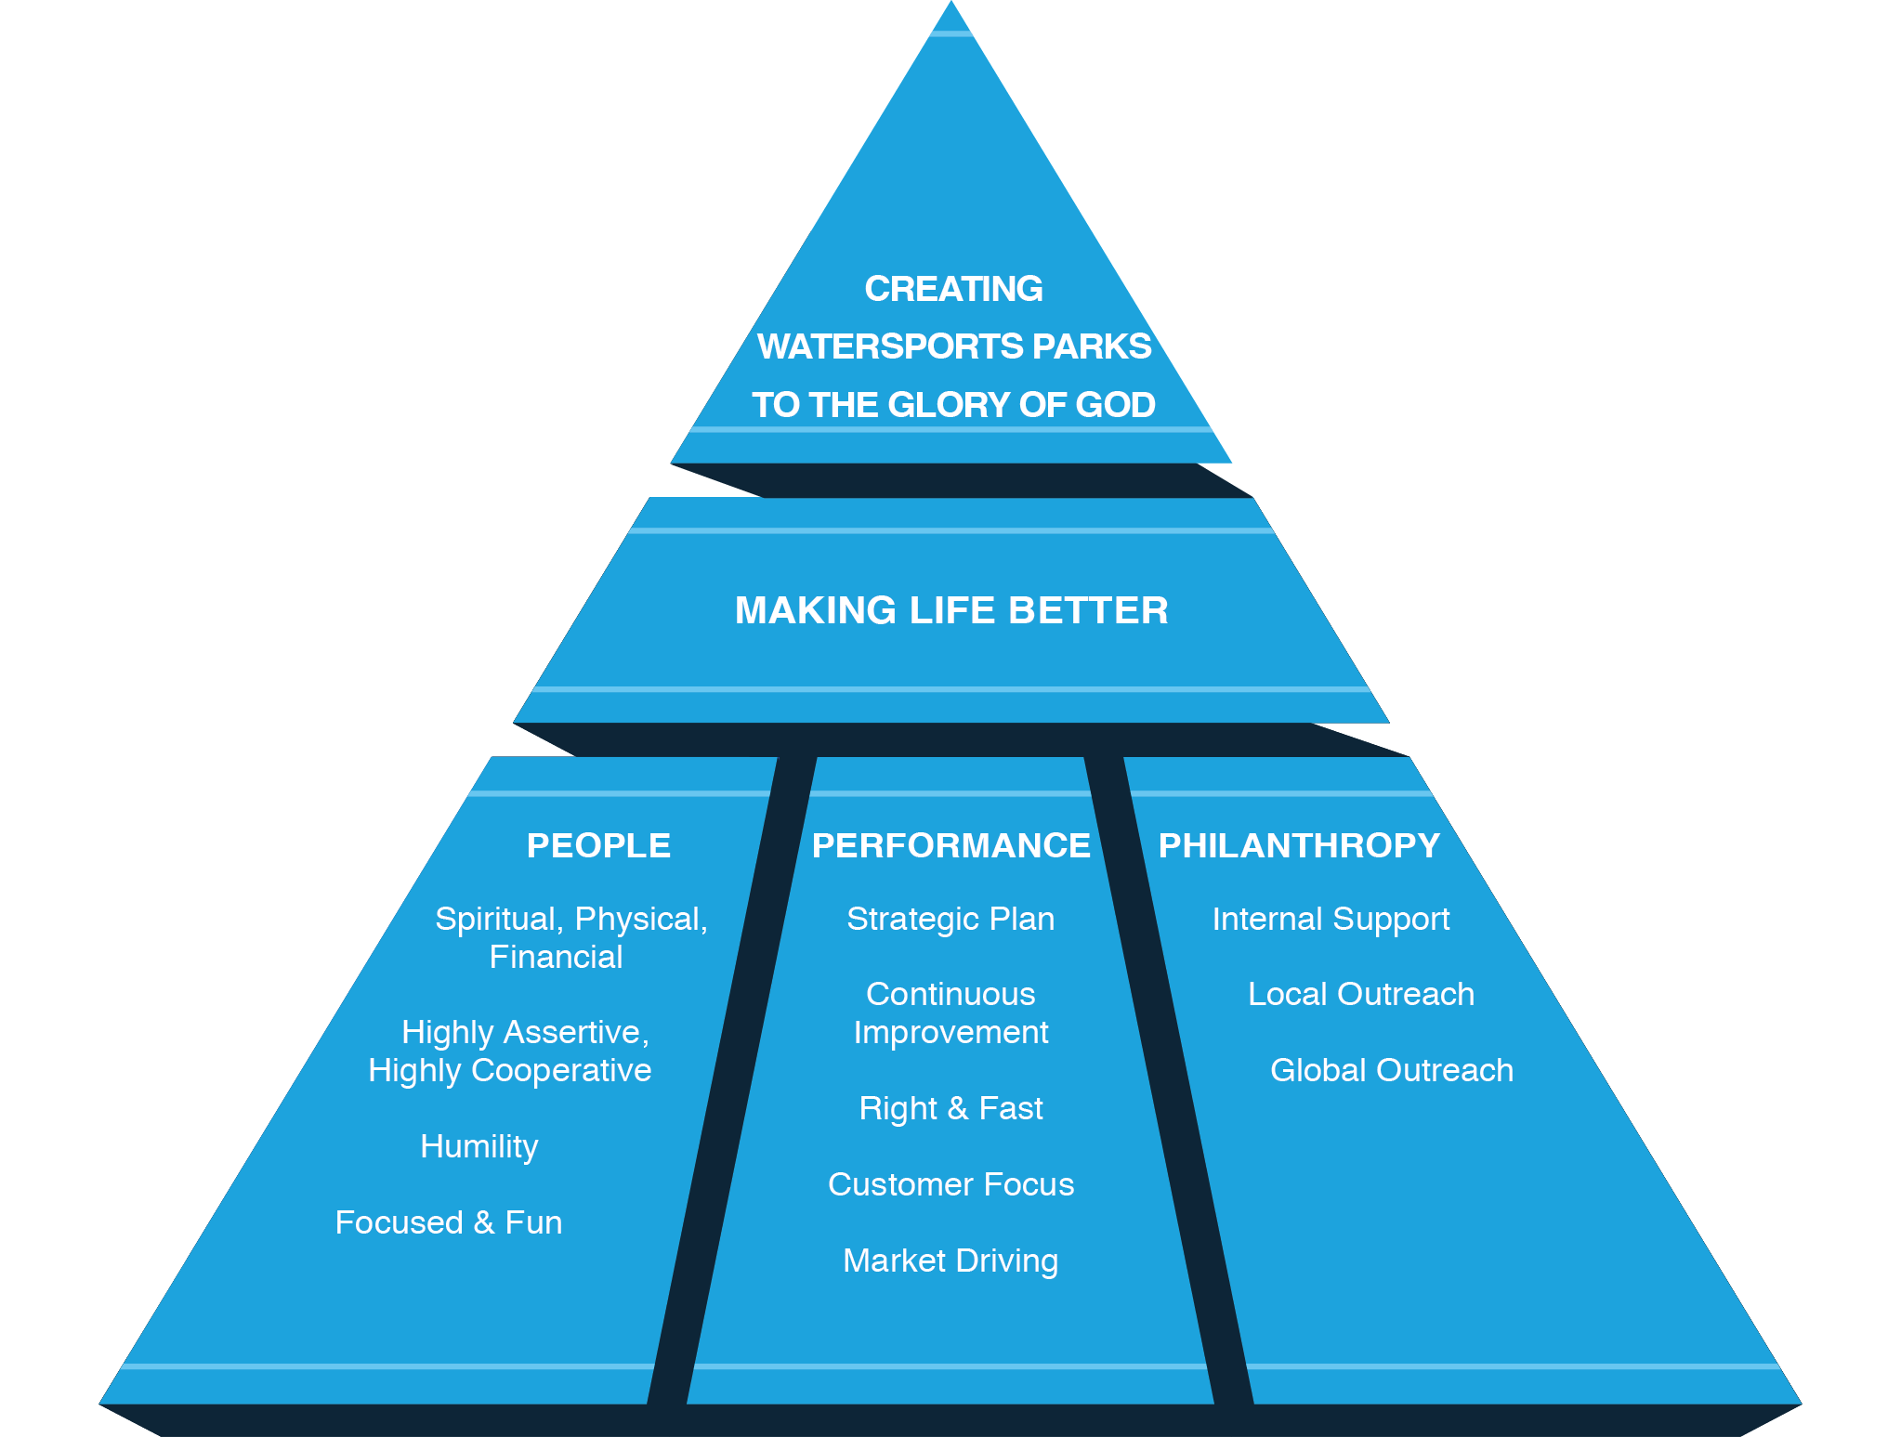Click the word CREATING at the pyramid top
click(953, 289)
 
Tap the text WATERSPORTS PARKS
click(954, 346)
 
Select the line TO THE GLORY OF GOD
click(953, 405)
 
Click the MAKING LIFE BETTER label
click(951, 610)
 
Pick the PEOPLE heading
click(598, 845)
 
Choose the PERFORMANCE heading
click(950, 845)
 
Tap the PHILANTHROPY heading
click(1299, 845)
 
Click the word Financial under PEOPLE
click(556, 957)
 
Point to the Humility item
click(479, 1146)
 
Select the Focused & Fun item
click(449, 1222)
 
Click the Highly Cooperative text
click(509, 1070)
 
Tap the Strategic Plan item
click(950, 919)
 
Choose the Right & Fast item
click(950, 1108)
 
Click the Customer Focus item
click(950, 1184)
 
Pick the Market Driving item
click(950, 1261)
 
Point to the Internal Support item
click(1331, 919)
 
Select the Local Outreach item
click(1360, 994)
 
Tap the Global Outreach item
click(1391, 1070)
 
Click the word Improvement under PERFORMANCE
click(950, 1032)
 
